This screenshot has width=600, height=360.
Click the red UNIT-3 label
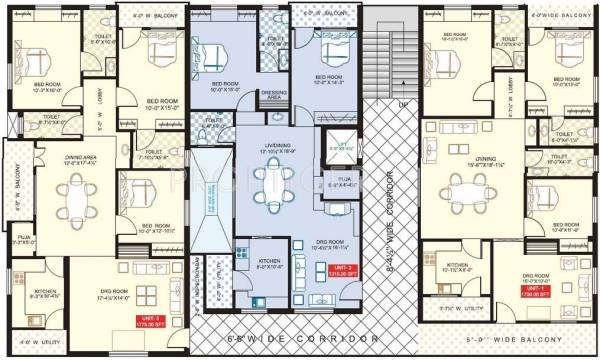[149, 294]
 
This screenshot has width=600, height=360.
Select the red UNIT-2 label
[342, 269]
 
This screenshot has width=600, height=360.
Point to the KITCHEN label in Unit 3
[44, 266]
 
